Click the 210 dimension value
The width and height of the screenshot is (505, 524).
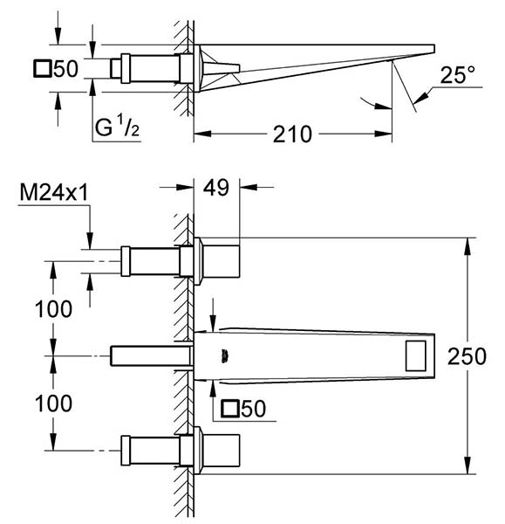[292, 134]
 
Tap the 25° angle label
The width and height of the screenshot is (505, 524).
[457, 75]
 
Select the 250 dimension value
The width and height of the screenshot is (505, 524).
[467, 356]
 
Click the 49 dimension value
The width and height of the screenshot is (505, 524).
[216, 188]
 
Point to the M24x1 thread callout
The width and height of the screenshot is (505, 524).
[54, 192]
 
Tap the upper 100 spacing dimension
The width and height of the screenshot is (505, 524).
[53, 309]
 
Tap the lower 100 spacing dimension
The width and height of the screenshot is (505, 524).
[53, 403]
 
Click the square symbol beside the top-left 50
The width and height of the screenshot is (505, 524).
[42, 68]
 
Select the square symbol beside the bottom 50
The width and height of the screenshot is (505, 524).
[229, 409]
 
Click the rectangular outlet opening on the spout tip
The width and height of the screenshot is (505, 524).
[415, 356]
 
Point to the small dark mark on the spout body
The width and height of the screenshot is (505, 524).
[224, 355]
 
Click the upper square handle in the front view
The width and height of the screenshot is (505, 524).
[221, 261]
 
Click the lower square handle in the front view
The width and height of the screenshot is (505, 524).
[221, 451]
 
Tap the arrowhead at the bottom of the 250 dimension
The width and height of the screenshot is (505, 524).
[468, 465]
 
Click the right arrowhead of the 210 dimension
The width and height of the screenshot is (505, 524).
[383, 134]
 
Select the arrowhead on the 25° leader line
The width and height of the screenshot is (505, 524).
[420, 98]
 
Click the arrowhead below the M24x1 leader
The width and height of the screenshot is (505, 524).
[90, 241]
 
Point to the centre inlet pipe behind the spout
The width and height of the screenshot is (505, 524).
[151, 356]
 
